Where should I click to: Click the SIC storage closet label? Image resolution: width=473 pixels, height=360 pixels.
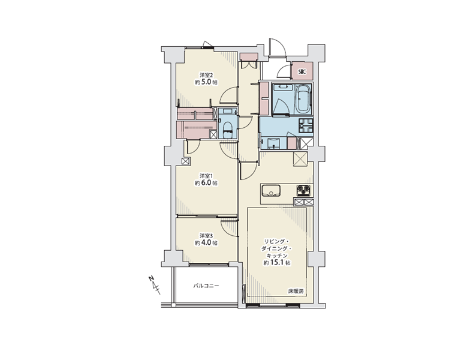click(302, 72)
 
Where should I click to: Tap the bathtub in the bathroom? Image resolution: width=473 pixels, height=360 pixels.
click(304, 98)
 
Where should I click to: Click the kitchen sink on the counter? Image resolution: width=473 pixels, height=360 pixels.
click(271, 191)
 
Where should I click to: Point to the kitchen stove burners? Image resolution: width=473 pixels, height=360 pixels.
click(303, 191)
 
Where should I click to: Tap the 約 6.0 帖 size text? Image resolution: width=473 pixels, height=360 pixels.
click(206, 183)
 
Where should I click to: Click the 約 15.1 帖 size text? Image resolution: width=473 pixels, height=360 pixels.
click(277, 263)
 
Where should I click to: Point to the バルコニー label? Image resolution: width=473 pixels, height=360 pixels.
click(206, 285)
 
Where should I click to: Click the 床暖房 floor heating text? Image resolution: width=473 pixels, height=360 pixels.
click(296, 292)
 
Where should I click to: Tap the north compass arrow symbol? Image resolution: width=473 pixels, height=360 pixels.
click(155, 284)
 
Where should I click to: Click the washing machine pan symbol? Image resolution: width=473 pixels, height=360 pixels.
click(306, 125)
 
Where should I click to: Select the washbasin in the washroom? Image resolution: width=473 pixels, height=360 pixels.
click(274, 143)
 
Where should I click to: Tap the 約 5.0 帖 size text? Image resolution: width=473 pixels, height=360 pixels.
click(206, 82)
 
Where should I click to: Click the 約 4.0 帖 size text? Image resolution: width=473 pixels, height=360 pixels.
click(206, 243)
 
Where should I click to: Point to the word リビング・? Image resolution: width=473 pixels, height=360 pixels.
click(276, 241)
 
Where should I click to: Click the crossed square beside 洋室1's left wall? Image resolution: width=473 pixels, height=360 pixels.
click(186, 161)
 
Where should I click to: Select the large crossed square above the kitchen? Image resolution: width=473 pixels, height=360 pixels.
click(300, 159)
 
